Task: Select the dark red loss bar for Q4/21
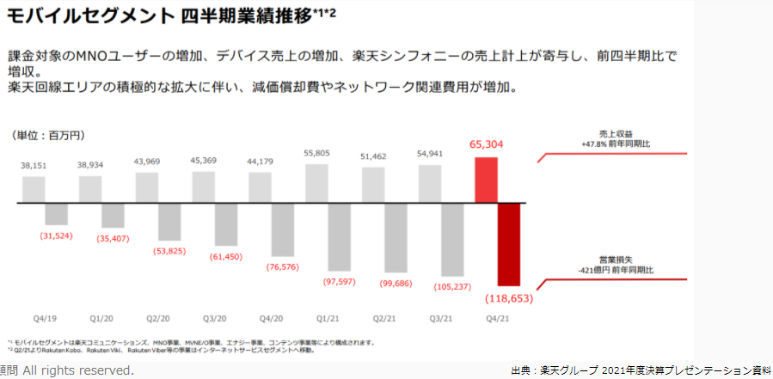click(508, 244)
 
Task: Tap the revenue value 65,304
click(486, 145)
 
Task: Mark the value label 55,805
click(316, 153)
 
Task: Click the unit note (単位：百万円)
click(48, 135)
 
